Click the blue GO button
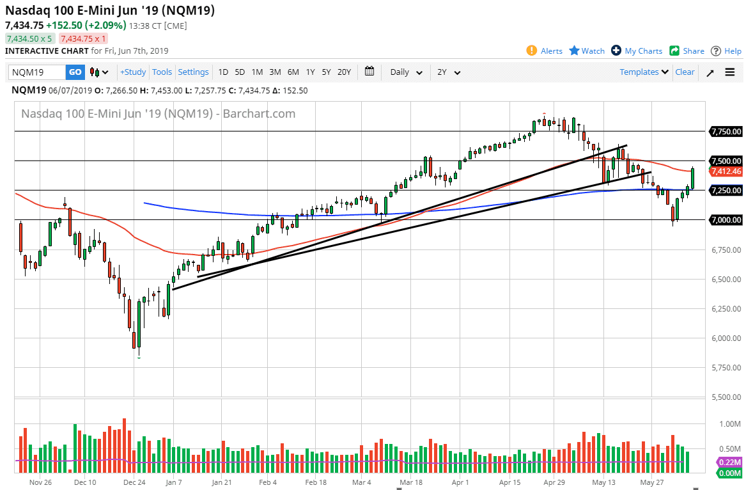point(75,72)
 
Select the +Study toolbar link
point(133,72)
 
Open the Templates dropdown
point(644,72)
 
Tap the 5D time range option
point(240,72)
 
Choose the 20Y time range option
point(344,72)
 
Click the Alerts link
point(545,51)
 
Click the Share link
point(687,51)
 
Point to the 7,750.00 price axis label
point(726,132)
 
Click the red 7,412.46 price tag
point(726,171)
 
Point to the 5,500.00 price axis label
point(726,397)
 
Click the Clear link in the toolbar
point(685,72)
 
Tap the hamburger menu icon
point(730,72)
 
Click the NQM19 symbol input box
point(37,72)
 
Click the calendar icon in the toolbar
point(369,72)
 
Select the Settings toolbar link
point(193,72)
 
